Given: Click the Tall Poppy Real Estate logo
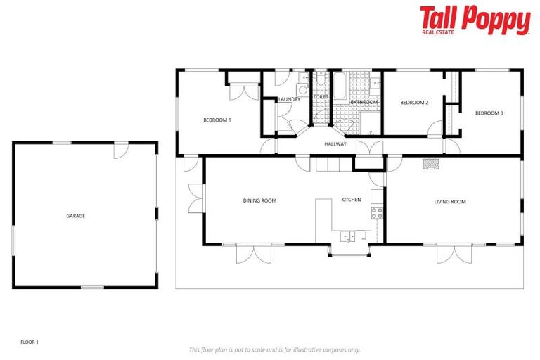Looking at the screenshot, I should point(475,20).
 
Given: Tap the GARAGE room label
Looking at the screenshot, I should point(75,216).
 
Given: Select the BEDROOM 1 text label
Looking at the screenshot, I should point(217,120).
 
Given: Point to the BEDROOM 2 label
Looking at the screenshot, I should point(413,103).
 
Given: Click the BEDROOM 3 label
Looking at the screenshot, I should point(489,113).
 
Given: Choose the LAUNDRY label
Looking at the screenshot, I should point(289,100).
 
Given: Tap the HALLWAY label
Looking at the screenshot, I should point(335,144).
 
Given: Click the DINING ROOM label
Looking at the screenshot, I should point(259,200).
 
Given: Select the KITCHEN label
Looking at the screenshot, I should point(351,200).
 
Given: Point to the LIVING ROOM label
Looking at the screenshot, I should point(449,202).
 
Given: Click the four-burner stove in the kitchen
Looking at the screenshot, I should point(377,212).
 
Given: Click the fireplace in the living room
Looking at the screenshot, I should point(430,164).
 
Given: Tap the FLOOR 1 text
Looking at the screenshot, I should point(30,342).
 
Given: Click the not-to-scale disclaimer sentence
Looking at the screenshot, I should point(274,349).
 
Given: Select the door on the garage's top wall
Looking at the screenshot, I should point(121,148).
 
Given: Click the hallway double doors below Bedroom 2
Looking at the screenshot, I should point(369,148).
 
